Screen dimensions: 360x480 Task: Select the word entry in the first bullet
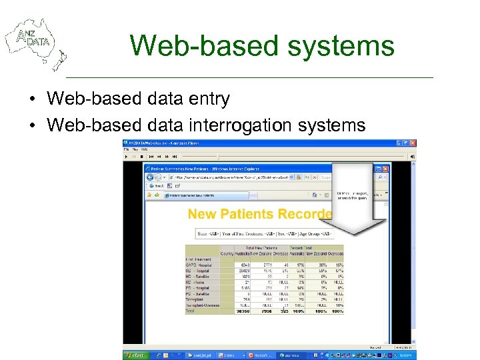click(207, 99)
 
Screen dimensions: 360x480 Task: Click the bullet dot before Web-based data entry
click(31, 100)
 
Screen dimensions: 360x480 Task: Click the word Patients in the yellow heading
click(250, 214)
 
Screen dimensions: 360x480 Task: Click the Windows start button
click(135, 355)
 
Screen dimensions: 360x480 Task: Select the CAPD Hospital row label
click(200, 265)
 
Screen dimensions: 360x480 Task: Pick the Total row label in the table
click(191, 311)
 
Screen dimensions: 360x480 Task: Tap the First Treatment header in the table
click(198, 259)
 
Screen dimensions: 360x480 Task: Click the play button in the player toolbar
click(127, 156)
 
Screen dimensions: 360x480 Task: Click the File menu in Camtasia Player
click(127, 149)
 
